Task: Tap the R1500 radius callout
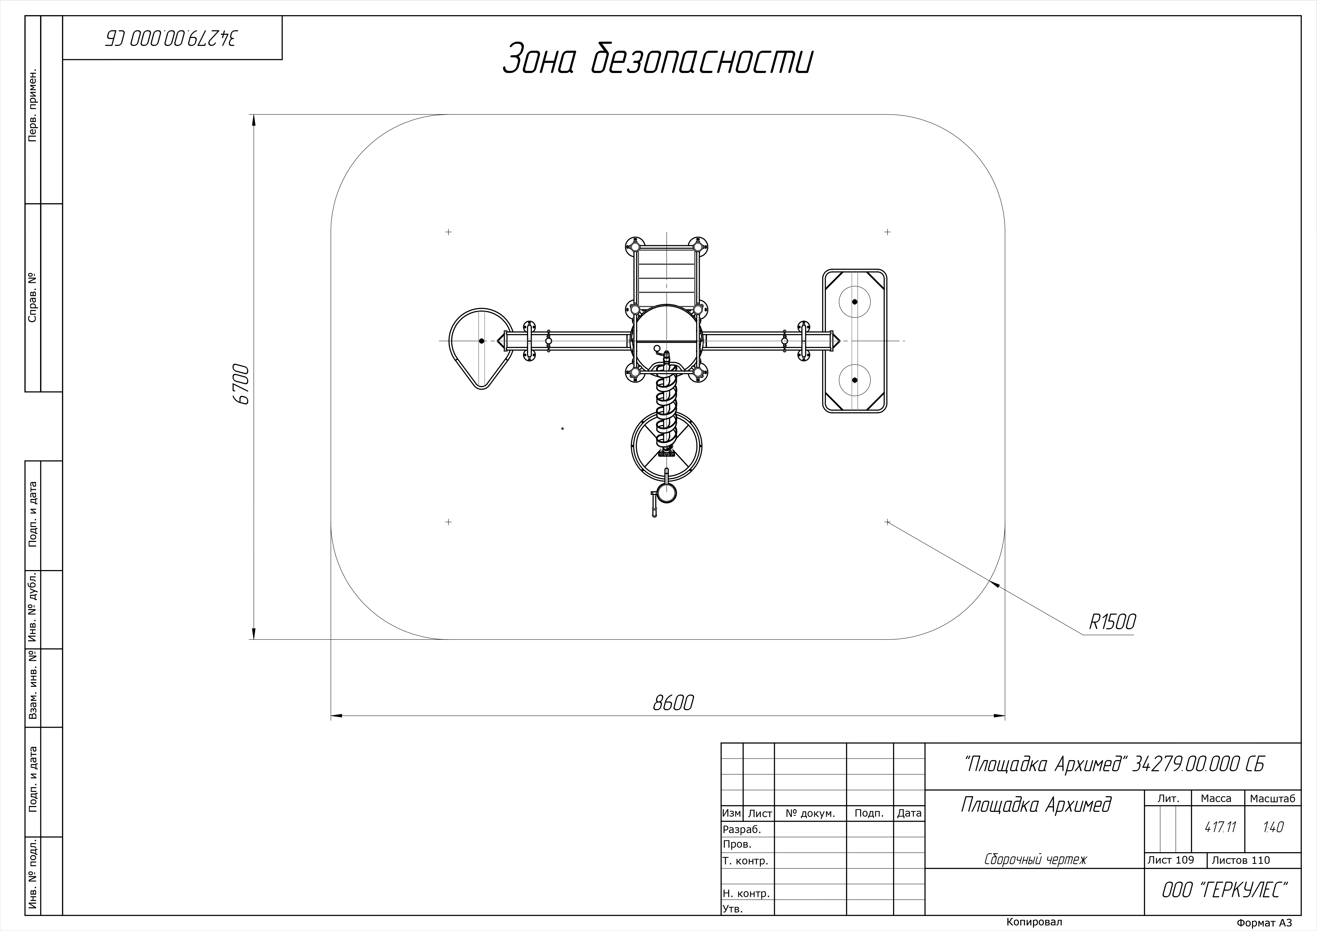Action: tap(1112, 622)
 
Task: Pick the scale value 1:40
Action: tap(1273, 827)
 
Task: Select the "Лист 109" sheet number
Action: tap(1171, 860)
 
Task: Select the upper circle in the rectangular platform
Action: tap(855, 301)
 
